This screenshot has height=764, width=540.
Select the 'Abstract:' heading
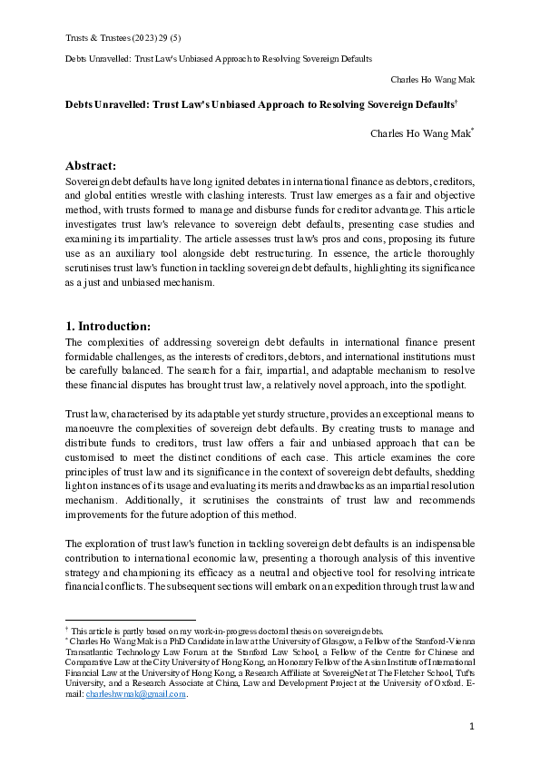click(91, 165)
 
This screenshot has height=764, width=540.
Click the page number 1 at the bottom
click(472, 726)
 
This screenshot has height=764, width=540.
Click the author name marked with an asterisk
click(419, 133)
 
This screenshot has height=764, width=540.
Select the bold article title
click(256, 105)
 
